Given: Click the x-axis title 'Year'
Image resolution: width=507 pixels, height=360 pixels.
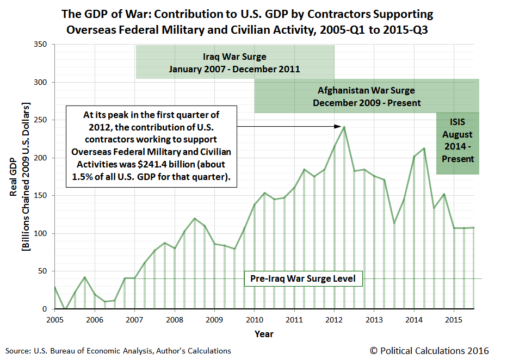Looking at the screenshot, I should (264, 333).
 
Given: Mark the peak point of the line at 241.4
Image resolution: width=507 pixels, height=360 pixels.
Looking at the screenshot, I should (344, 127).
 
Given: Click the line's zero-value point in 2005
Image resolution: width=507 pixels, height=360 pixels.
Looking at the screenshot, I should (65, 309).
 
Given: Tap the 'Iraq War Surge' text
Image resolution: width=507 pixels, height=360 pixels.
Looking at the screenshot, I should (234, 57).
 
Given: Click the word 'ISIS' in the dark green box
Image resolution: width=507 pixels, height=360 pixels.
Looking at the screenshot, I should (457, 123).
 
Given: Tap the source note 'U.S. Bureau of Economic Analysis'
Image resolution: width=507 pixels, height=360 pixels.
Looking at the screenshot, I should (92, 351).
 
